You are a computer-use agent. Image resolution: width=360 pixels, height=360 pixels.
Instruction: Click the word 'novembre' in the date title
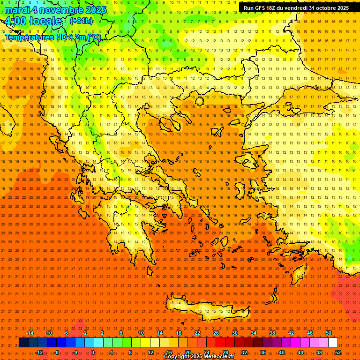tap(61, 10)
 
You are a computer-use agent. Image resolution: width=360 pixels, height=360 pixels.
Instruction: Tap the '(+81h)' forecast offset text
tap(81, 21)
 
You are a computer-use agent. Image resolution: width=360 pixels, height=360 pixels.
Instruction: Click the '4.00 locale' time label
tap(32, 21)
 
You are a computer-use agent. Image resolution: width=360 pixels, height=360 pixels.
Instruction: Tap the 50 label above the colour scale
tap(329, 333)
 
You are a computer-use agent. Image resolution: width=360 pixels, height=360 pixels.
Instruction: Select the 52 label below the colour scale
tap(338, 352)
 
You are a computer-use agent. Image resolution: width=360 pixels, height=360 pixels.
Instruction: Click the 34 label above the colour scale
tap(254, 333)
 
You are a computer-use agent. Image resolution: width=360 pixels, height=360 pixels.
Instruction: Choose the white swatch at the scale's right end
tap(333, 343)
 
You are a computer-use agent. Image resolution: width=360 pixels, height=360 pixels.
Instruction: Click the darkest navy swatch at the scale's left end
tap(23, 343)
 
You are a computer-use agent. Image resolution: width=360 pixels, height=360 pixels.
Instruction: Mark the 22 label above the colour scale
tap(197, 333)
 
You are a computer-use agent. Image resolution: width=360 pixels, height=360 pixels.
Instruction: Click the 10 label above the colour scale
tap(141, 333)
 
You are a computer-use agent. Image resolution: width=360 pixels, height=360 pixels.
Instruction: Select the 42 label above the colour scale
tap(291, 333)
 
